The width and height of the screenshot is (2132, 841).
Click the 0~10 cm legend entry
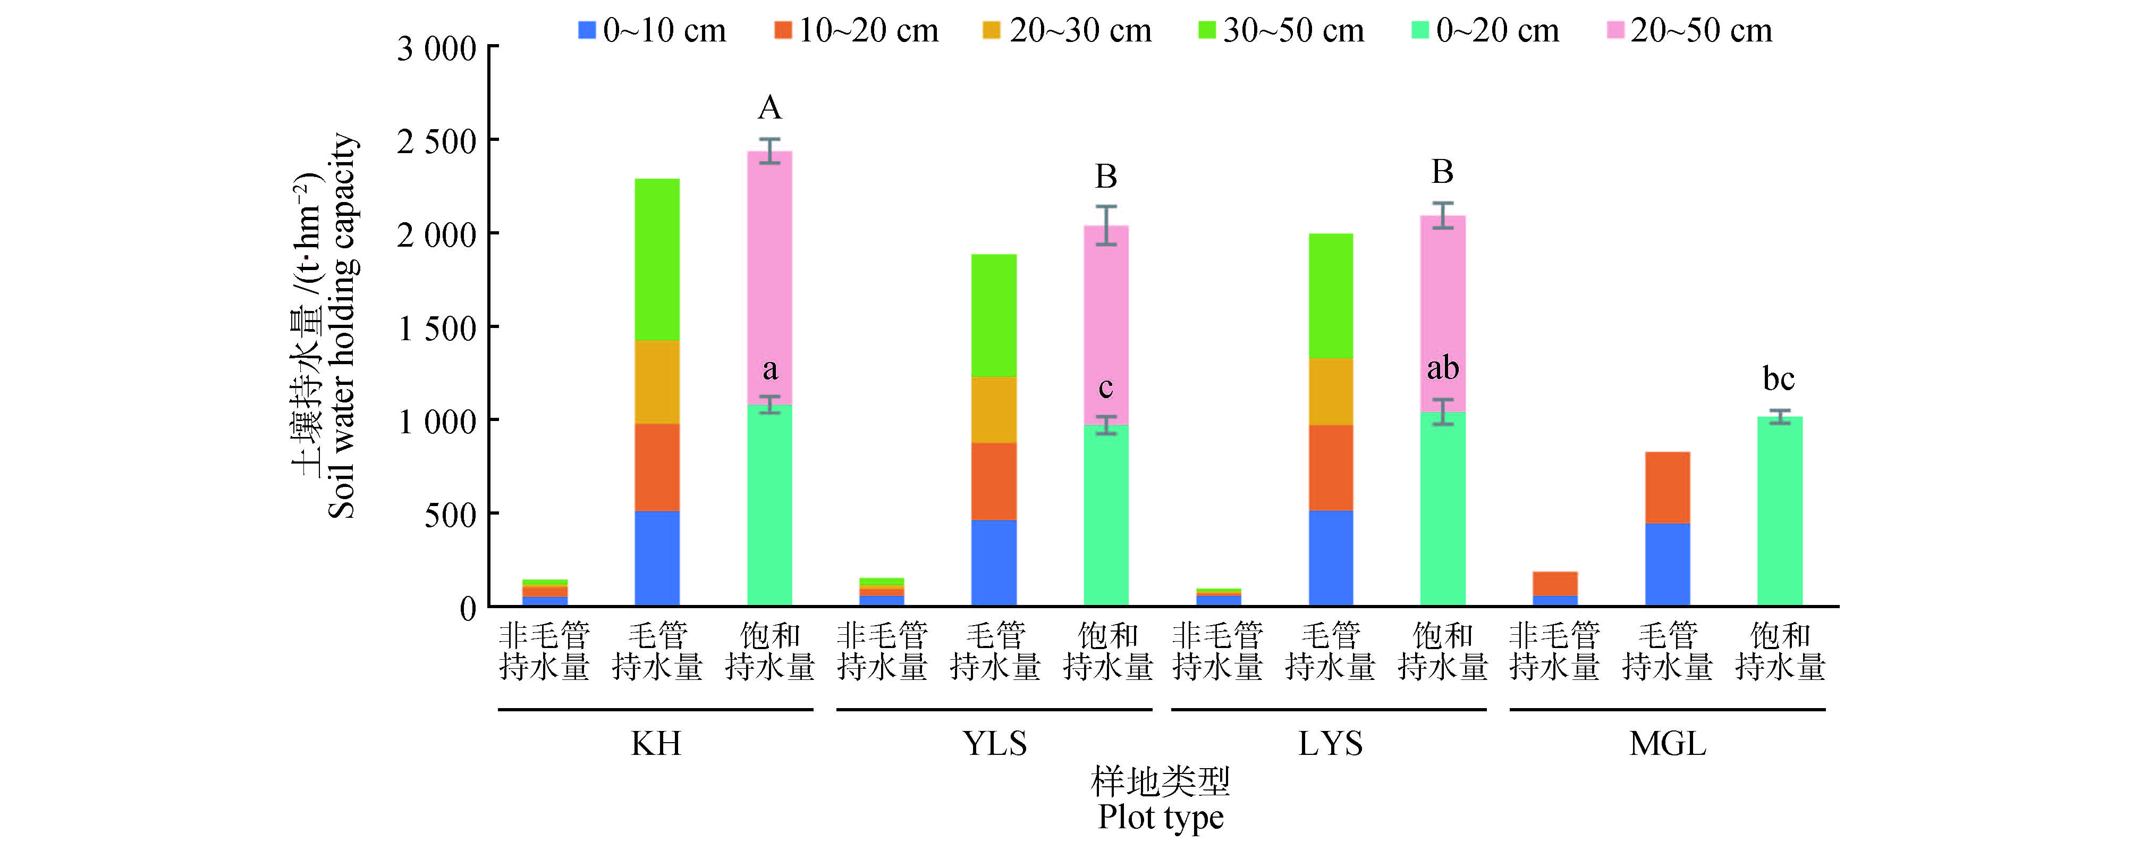[x=652, y=31]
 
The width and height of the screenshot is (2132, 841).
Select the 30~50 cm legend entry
[x=1280, y=31]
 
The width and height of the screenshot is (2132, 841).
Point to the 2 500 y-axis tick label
[x=437, y=141]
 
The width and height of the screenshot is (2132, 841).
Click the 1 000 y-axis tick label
[x=437, y=422]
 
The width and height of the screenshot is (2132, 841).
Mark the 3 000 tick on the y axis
[x=437, y=49]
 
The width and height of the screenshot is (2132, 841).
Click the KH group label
[x=656, y=743]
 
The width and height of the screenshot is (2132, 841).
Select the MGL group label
[x=1668, y=743]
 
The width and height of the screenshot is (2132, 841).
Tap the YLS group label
[x=994, y=743]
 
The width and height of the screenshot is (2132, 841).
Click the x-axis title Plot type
[x=1161, y=817]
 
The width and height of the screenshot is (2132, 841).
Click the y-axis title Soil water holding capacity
[x=341, y=326]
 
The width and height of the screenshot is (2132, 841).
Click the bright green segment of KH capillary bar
[x=657, y=259]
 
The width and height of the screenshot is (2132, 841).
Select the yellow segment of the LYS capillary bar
[x=1331, y=392]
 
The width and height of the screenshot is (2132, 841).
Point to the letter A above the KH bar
[x=769, y=107]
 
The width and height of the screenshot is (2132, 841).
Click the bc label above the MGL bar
[x=1779, y=379]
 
